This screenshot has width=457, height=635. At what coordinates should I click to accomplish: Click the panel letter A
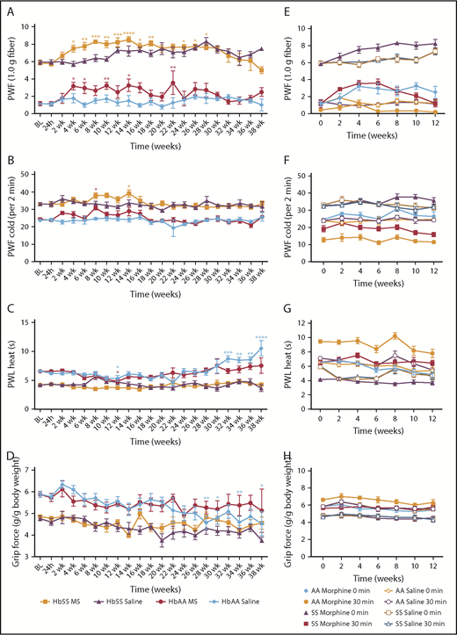[9, 9]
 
